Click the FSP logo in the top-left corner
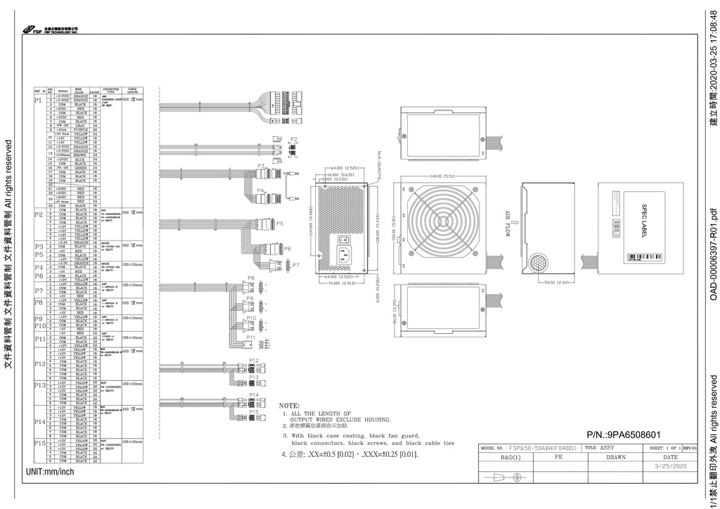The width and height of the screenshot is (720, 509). tap(32, 30)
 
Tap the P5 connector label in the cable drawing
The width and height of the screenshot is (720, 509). tap(279, 223)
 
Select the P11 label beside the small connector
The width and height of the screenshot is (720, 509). tap(251, 337)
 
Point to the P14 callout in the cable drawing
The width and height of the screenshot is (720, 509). tap(253, 395)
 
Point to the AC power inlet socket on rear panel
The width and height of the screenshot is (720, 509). tap(343, 254)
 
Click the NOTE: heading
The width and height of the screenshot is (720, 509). tap(289, 406)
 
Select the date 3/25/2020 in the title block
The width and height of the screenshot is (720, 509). tap(669, 465)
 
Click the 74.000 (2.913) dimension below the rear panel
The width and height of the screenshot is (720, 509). tap(344, 283)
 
